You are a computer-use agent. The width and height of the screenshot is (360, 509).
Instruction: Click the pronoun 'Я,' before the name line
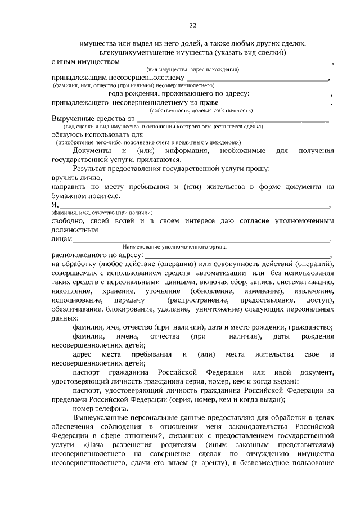55,205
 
